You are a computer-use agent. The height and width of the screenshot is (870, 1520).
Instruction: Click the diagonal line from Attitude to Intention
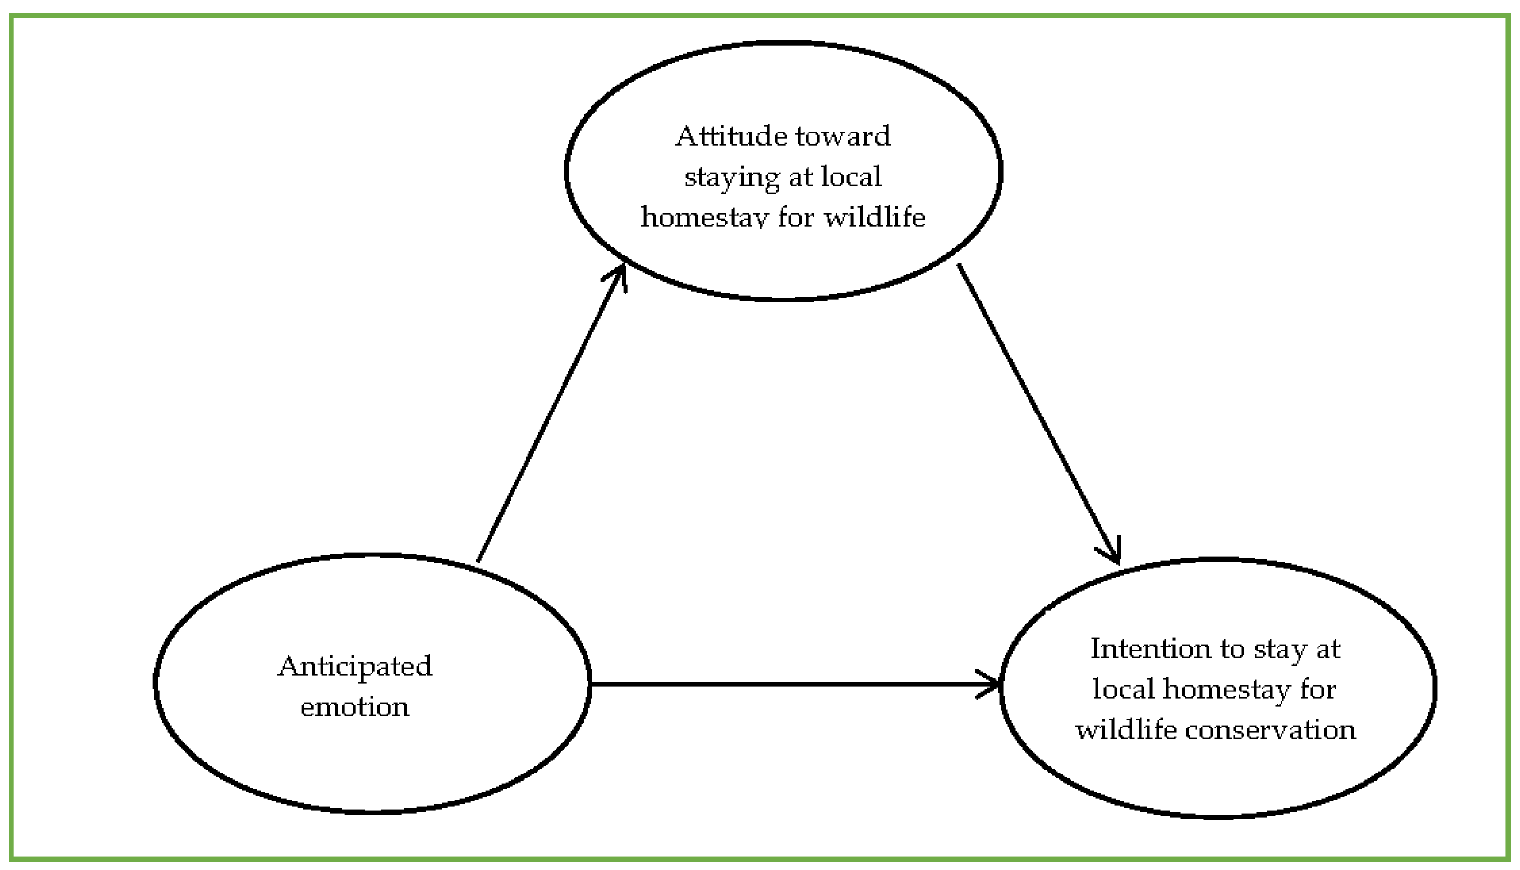click(x=1037, y=412)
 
